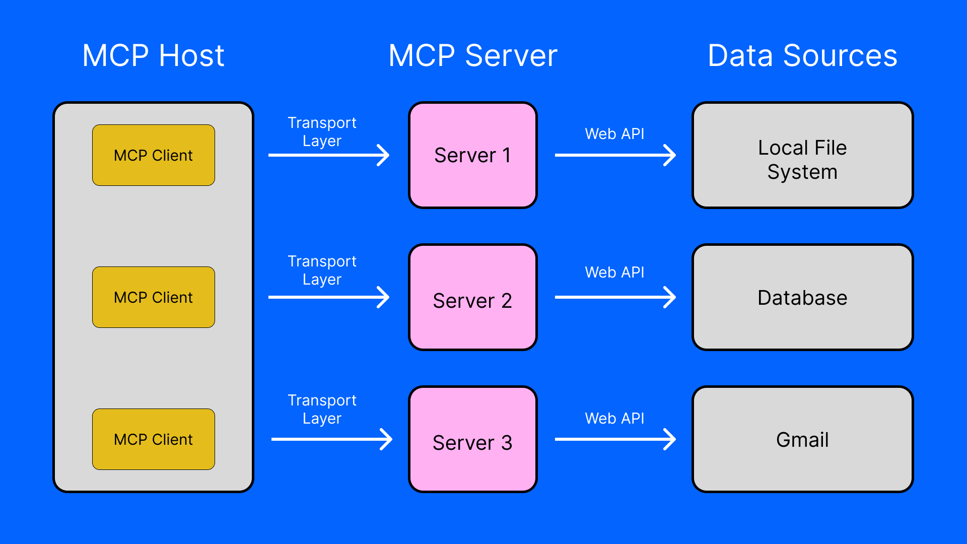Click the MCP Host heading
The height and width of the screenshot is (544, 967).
point(153,55)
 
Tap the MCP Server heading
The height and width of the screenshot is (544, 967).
point(472,55)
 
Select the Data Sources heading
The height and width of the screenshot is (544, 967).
point(802,55)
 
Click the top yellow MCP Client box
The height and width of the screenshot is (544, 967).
point(154,155)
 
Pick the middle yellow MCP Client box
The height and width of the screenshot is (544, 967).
point(154,297)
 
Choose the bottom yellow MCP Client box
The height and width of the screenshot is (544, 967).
point(154,439)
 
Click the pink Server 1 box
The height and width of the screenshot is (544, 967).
point(472,155)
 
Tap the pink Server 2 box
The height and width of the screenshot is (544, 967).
point(472,298)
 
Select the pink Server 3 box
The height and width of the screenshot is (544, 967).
point(472,440)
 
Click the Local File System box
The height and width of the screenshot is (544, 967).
point(802,155)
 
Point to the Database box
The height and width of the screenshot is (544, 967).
point(802,298)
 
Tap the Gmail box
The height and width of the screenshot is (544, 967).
point(802,440)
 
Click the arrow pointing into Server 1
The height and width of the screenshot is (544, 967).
point(328,155)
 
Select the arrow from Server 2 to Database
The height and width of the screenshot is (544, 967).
point(614,297)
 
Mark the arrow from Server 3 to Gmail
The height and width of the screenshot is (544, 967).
point(614,439)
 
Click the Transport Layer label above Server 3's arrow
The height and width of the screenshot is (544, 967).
point(322,409)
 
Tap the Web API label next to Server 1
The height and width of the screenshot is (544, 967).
point(614,134)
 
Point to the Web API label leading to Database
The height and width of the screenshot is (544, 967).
point(614,273)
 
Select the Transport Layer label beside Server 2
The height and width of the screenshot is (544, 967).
point(322,270)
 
